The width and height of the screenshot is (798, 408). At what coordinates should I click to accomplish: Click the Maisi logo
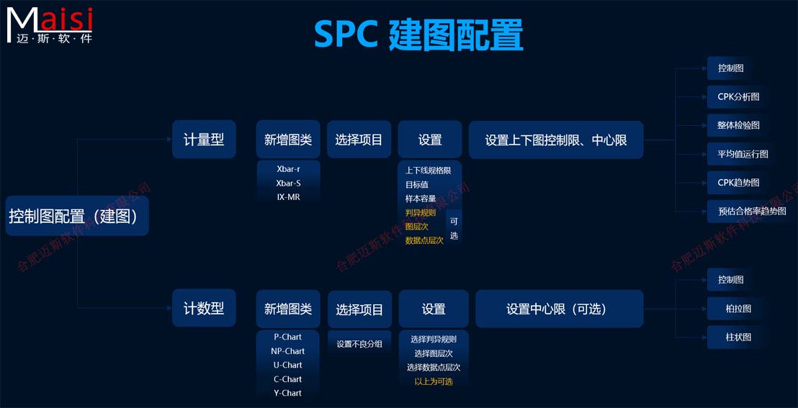[50, 24]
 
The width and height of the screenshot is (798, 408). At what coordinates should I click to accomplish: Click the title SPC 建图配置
[418, 35]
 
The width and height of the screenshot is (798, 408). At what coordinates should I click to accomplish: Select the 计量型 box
[204, 140]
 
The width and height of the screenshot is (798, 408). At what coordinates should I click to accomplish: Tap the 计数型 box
[204, 309]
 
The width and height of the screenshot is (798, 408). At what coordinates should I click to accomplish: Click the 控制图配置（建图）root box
[77, 216]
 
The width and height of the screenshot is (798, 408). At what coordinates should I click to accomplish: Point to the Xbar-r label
[288, 170]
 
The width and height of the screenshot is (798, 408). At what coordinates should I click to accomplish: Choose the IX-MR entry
[288, 197]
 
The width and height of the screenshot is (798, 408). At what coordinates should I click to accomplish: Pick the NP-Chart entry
[288, 351]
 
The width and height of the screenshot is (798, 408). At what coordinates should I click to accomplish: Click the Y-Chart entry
[288, 393]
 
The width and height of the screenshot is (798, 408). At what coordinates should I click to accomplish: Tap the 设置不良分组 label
[359, 344]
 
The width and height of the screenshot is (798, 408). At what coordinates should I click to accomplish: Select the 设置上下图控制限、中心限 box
[556, 140]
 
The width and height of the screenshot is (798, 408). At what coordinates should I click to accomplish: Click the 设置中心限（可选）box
[559, 309]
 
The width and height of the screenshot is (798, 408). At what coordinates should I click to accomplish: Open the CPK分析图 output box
[738, 96]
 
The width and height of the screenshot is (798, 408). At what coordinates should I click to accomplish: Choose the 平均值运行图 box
[743, 154]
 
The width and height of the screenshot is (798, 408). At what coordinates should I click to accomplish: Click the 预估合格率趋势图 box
[752, 212]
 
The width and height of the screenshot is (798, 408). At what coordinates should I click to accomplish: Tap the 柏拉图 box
[738, 309]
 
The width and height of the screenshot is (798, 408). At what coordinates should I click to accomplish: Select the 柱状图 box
[738, 337]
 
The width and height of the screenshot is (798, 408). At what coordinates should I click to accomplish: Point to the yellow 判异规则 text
[421, 213]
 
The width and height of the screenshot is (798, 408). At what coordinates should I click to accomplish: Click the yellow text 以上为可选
[434, 381]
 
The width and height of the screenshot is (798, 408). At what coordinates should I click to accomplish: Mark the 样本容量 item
[421, 199]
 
